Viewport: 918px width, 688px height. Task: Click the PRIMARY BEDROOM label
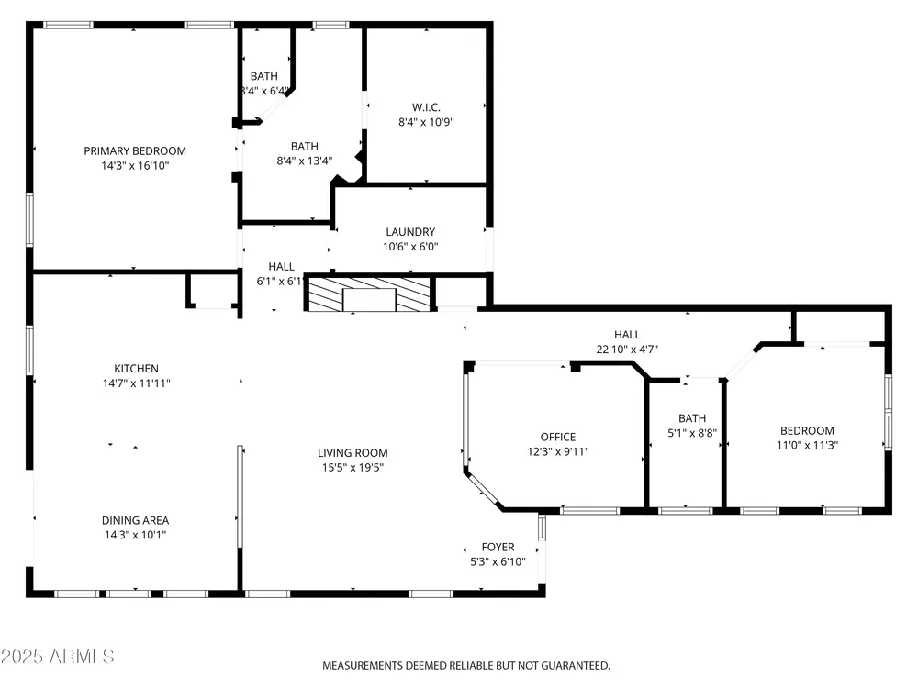coord(135,151)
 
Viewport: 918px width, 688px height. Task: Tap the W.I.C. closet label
coord(426,107)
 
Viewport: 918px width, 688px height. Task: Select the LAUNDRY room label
coord(410,232)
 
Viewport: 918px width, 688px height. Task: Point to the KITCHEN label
coord(136,369)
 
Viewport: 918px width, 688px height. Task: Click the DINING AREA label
coord(135,520)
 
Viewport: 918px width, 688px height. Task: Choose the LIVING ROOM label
coord(353,453)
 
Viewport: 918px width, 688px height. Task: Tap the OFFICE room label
coord(558,437)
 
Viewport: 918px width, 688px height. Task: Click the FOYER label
coord(498,547)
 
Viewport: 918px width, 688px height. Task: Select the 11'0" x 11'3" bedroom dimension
coord(807,445)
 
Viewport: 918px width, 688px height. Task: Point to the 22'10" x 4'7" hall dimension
coord(627,350)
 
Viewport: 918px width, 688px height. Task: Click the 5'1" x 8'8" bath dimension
coord(692,433)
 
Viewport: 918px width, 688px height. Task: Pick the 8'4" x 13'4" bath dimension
coord(305,161)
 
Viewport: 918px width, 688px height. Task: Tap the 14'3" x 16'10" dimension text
coord(135,165)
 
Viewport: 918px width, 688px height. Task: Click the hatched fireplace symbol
coord(369,294)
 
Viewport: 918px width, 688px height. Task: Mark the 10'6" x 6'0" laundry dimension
coord(410,247)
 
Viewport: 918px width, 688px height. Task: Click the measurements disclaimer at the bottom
coord(466,666)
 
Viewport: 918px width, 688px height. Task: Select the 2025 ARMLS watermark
coord(57,657)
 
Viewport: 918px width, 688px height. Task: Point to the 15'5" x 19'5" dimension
coord(353,468)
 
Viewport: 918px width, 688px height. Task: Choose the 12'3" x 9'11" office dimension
coord(558,451)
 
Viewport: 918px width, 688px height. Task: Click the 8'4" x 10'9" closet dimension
coord(426,122)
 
